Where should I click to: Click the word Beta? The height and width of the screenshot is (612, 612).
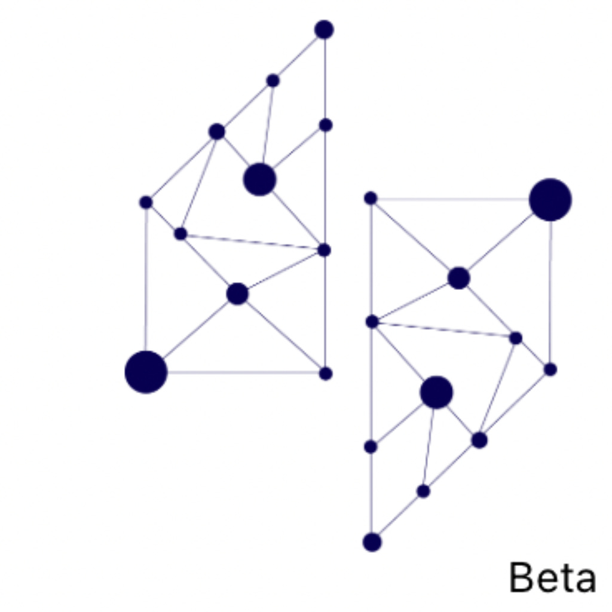[552, 578]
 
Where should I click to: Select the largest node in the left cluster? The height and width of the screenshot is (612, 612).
[146, 372]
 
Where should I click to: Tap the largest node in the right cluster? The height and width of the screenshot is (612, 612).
[550, 200]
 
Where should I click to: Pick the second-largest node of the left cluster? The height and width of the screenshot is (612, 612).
[259, 179]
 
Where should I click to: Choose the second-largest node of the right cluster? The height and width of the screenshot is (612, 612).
[436, 393]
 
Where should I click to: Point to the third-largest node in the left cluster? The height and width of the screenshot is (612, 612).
[237, 293]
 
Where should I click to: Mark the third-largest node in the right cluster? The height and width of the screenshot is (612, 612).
[458, 278]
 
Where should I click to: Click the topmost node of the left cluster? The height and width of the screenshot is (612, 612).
[324, 29]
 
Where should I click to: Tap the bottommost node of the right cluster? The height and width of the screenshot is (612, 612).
[372, 542]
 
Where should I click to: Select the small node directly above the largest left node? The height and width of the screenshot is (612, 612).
[146, 203]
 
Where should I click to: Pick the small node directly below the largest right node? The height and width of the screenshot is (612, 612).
[550, 369]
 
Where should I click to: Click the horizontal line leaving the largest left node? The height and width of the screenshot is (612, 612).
[239, 372]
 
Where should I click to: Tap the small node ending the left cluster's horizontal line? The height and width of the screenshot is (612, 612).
[325, 374]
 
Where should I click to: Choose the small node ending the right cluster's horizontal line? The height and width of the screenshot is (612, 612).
[371, 198]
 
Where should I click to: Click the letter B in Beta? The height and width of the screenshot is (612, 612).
[521, 578]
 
